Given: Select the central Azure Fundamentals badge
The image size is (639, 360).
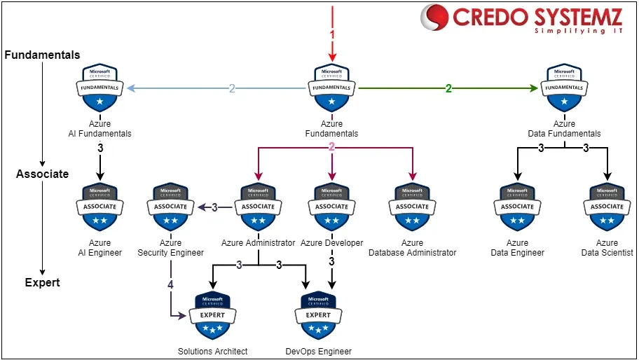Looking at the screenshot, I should click(331, 89).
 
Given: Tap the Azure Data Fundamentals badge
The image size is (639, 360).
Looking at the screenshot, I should click(563, 89).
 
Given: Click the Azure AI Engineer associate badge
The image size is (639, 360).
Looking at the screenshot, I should click(100, 207).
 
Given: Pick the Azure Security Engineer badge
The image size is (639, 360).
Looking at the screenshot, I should click(170, 207).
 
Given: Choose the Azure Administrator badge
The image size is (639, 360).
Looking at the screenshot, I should click(258, 207).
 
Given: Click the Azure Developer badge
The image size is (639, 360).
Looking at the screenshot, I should click(331, 207).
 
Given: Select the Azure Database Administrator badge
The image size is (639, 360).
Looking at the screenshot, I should click(412, 207).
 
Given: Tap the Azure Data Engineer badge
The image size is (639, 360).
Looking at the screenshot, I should click(517, 207).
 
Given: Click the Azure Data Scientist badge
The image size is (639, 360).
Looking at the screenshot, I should click(607, 207).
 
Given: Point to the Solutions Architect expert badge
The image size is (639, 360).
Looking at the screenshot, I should click(212, 316).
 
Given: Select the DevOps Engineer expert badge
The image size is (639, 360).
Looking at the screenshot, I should click(318, 316).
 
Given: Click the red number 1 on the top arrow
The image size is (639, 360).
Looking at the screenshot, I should click(333, 34).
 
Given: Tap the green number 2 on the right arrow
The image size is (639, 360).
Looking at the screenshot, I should click(448, 88).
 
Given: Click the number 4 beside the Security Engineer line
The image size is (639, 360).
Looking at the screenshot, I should click(170, 285).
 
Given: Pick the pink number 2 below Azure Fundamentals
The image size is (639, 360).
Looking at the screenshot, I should click(332, 147).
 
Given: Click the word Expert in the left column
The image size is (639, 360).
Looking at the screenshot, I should click(42, 283).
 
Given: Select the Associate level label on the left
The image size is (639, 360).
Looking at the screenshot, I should click(42, 174).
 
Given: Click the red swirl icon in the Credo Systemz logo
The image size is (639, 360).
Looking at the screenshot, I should click(434, 18).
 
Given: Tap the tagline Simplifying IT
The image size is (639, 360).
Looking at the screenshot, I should click(579, 32).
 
